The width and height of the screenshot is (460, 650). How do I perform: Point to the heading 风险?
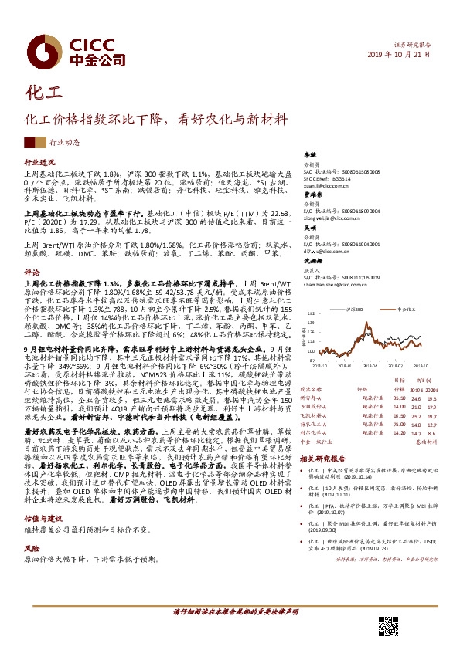coord(32,530)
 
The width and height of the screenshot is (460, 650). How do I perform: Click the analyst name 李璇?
coord(310,155)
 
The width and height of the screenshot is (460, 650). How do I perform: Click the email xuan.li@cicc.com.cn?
coord(328,186)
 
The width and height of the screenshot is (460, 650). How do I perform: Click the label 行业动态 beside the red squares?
coord(64,144)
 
